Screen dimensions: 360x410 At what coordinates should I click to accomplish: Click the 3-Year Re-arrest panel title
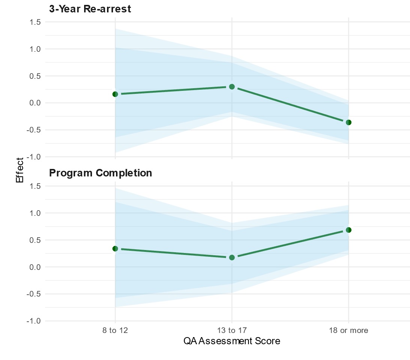pyautogui.click(x=90, y=9)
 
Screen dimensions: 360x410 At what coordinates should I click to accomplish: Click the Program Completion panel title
pyautogui.click(x=101, y=173)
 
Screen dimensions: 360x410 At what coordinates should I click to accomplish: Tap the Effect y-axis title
pyautogui.click(x=20, y=170)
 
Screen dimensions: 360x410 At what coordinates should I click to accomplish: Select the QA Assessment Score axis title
pyautogui.click(x=232, y=341)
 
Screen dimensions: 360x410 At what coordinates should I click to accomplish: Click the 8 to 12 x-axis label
pyautogui.click(x=115, y=331)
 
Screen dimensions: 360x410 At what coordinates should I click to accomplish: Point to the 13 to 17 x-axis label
pyautogui.click(x=232, y=331)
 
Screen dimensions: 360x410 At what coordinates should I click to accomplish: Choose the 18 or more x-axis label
pyautogui.click(x=348, y=331)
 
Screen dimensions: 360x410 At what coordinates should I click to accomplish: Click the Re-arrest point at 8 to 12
pyautogui.click(x=115, y=94)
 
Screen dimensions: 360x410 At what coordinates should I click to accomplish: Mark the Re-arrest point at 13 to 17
pyautogui.click(x=232, y=87)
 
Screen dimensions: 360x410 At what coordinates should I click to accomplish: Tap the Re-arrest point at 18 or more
pyautogui.click(x=348, y=122)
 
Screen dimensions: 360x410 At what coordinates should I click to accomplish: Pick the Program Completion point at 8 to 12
pyautogui.click(x=115, y=249)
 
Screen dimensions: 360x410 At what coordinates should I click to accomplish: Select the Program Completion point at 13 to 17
pyautogui.click(x=232, y=258)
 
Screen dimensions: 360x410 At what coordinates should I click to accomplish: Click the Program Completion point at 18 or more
pyautogui.click(x=348, y=230)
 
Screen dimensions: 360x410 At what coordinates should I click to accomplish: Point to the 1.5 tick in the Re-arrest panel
pyautogui.click(x=35, y=22)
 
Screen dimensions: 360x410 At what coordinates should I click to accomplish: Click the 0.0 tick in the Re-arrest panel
pyautogui.click(x=35, y=103)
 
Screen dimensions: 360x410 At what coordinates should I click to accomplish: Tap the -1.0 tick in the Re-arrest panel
pyautogui.click(x=34, y=157)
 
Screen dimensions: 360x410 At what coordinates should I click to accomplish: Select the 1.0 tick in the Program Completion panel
pyautogui.click(x=35, y=213)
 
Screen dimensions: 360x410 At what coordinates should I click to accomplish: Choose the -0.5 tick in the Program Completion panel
pyautogui.click(x=34, y=294)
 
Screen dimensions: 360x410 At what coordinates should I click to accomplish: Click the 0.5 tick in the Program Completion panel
pyautogui.click(x=35, y=240)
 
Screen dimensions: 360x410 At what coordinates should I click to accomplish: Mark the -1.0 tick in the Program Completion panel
pyautogui.click(x=34, y=321)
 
